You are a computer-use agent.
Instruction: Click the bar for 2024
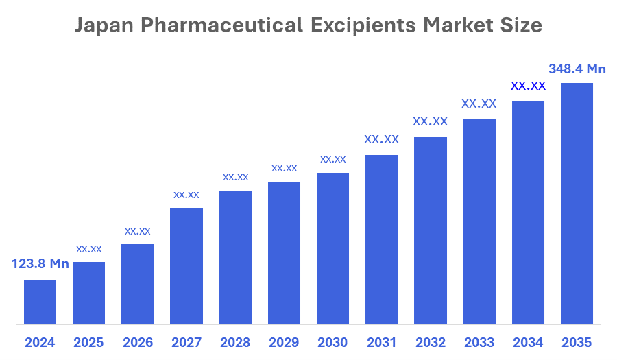coord(40,302)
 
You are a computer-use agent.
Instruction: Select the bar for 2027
coord(186,266)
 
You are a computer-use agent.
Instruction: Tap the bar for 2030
coord(332,248)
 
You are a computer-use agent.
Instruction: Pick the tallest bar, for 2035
coord(577,203)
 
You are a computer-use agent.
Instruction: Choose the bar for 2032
coord(431,230)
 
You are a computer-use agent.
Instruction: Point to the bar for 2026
coord(138,284)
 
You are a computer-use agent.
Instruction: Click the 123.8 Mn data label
coord(40,264)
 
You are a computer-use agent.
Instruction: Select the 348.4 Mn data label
coord(577,69)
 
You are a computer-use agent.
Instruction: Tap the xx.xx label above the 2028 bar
coord(235,177)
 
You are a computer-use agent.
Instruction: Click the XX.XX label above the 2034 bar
coord(528,86)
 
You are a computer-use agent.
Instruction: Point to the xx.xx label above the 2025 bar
coord(89,248)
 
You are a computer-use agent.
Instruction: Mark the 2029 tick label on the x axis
coord(284,342)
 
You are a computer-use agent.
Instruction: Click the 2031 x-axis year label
coord(381,342)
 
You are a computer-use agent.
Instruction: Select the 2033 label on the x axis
coord(479,342)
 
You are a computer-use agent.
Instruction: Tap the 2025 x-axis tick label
coord(89,342)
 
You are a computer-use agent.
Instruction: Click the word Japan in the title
coord(105,26)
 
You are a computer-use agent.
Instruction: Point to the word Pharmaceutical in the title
coord(222,26)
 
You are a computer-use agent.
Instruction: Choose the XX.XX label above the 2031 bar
coord(381,140)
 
